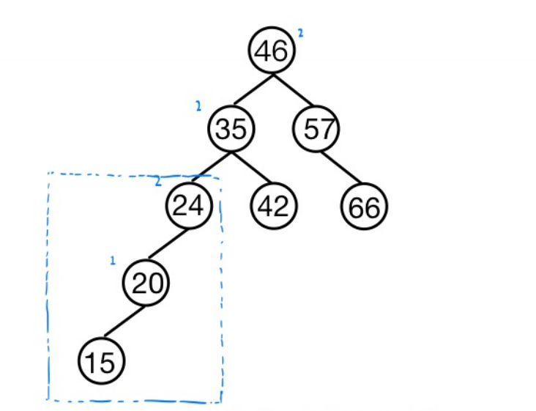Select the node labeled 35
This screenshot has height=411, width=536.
[231, 130]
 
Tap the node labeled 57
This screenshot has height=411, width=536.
[316, 130]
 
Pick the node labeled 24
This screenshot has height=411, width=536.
[188, 207]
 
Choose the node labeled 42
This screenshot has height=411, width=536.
[274, 207]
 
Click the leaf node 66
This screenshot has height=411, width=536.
[364, 208]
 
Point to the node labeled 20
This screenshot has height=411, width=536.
[146, 284]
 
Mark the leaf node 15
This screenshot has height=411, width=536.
[101, 361]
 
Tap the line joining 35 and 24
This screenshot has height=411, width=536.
[210, 168]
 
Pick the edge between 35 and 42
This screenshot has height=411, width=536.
[252, 168]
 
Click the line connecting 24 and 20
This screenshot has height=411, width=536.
[167, 245]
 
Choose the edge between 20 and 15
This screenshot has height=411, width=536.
[124, 322]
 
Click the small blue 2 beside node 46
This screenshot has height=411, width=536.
[300, 32]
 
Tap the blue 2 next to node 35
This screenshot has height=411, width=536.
[198, 107]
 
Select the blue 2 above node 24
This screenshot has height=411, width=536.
[157, 182]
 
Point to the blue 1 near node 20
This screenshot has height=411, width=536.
[113, 260]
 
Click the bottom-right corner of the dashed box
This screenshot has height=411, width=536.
[220, 401]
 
